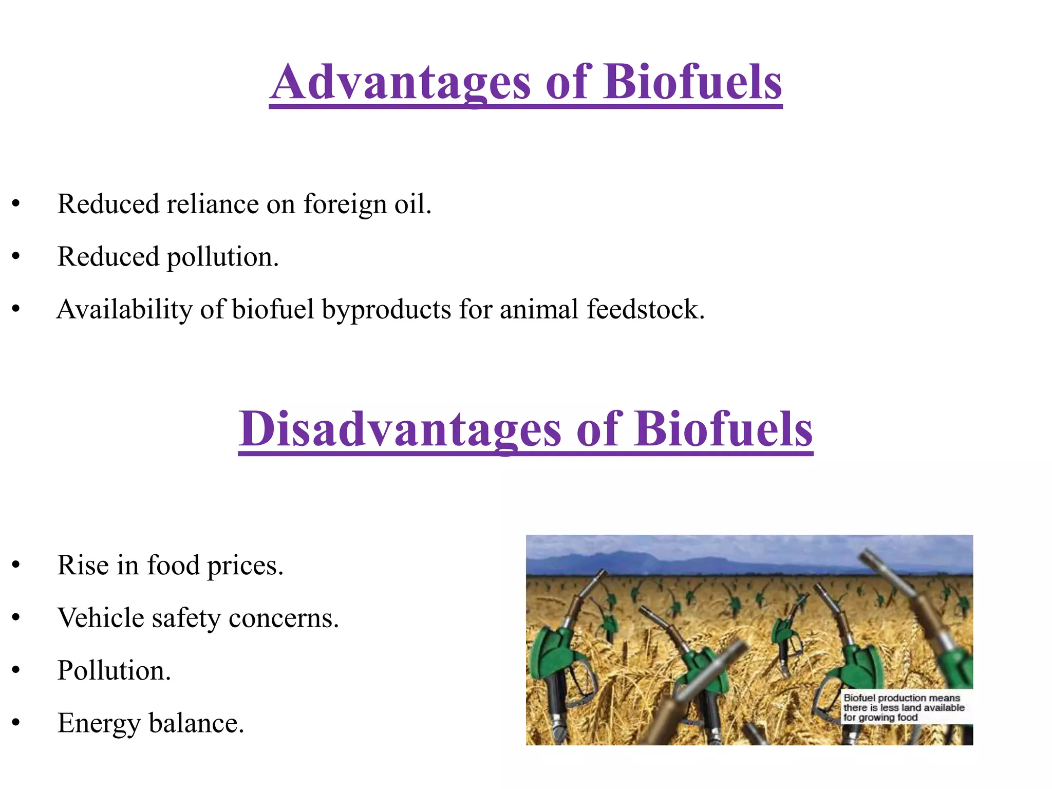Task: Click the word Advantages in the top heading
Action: tap(400, 82)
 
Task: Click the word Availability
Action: tap(124, 310)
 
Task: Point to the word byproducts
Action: tap(386, 310)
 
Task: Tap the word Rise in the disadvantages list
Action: tap(83, 566)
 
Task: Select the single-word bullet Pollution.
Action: tap(114, 671)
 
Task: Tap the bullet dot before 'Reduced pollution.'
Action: tap(16, 257)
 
